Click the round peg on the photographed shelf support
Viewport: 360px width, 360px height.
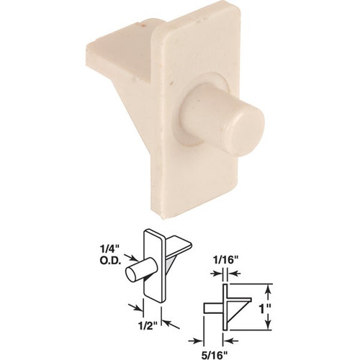pyautogui.click(x=222, y=121)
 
